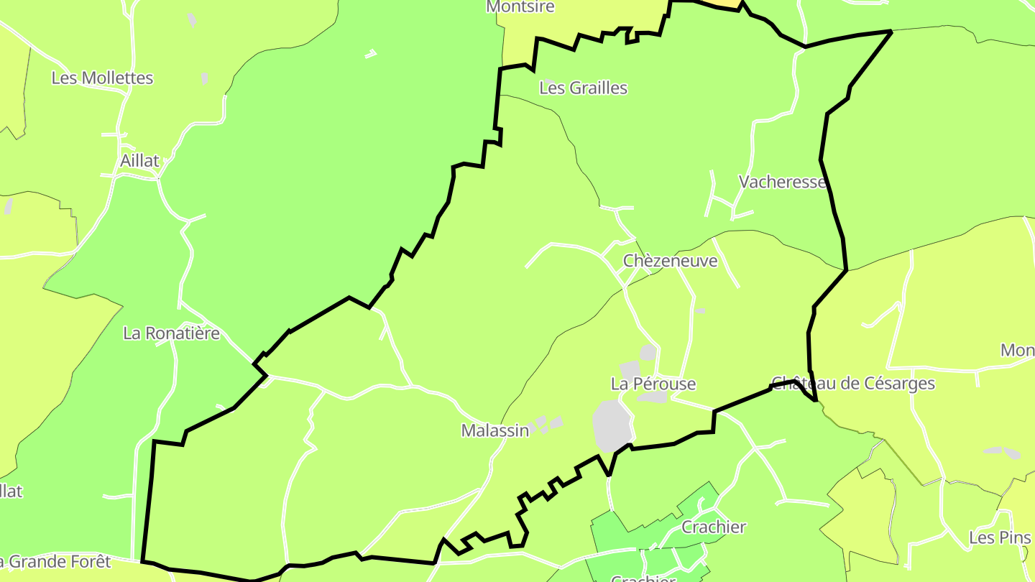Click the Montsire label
pos(520,6)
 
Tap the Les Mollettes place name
pos(102,78)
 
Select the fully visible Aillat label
pos(139,161)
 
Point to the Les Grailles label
pos(583,88)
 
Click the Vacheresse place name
pos(782,182)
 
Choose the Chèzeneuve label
pos(670,261)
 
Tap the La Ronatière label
pos(171,333)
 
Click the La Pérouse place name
pos(653,384)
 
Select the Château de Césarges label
pos(852,383)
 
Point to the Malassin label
pos(495,430)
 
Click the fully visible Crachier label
pos(714,527)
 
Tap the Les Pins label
pos(1000,537)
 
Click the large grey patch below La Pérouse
pos(612,426)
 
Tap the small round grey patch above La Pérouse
pos(648,352)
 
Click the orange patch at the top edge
pos(728,4)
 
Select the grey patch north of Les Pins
pos(1002,452)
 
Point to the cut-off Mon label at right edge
pos(1018,351)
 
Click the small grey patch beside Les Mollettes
pos(205,78)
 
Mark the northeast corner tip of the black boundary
pos(891,32)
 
